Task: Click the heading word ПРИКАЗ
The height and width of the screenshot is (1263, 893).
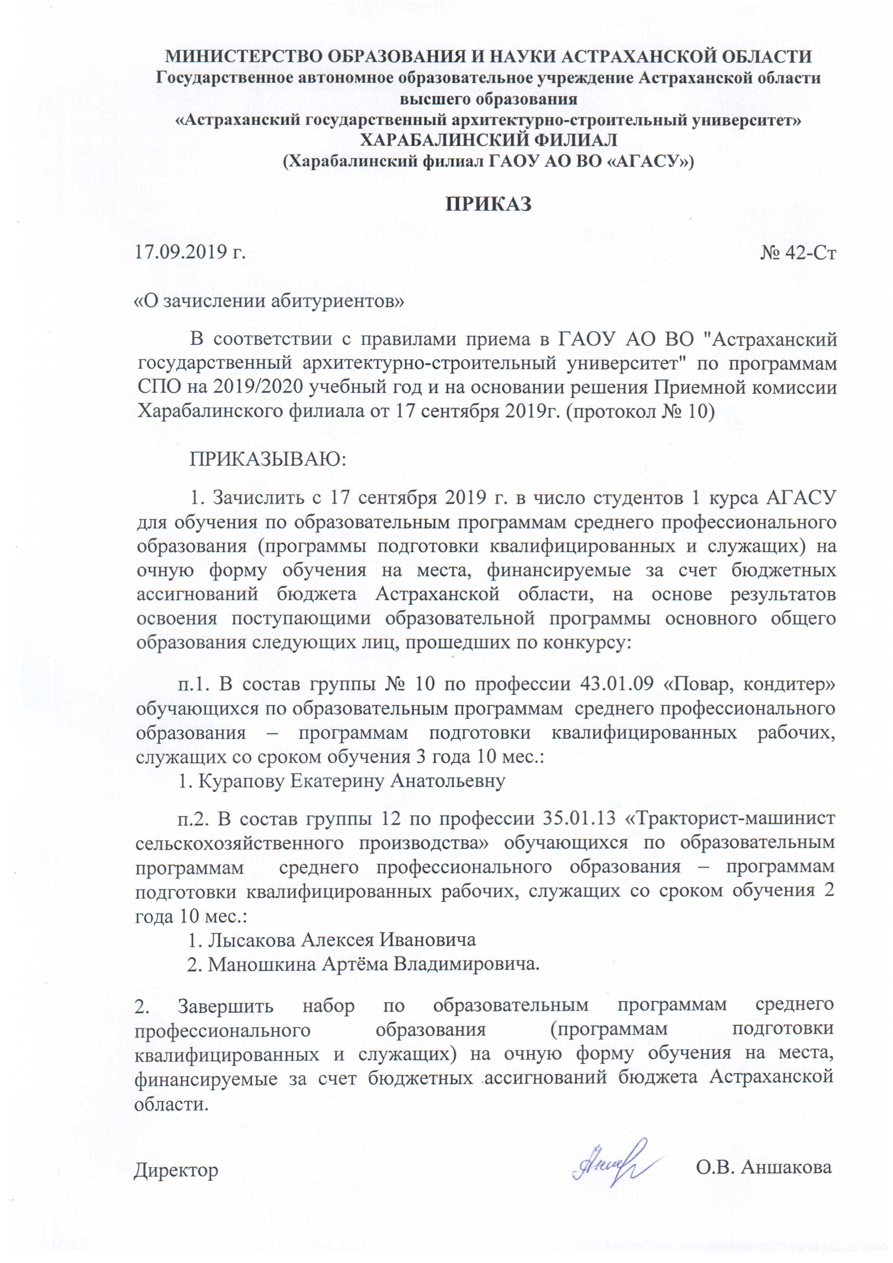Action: tap(488, 204)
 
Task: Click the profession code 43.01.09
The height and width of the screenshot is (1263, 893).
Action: tap(616, 684)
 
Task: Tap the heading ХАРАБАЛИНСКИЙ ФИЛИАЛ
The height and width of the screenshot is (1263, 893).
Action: tap(488, 140)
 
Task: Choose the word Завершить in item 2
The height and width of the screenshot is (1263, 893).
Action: tap(225, 1006)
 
